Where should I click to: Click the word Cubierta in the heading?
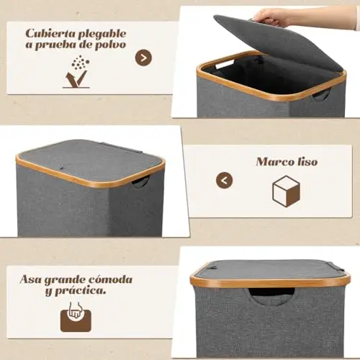coord(50,34)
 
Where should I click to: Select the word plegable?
coord(102,35)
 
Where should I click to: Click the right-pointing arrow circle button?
coord(143,58)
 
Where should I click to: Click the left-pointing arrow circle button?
coord(225,180)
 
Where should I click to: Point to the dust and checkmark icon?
coord(77,72)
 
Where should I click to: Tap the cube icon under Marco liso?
coord(286,191)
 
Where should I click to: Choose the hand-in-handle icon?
coord(76,317)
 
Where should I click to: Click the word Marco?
coord(273,162)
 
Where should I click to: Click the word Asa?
coord(30,279)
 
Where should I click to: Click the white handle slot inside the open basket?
coord(225,65)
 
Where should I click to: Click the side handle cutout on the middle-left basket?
coord(140,181)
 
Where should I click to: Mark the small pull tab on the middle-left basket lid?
coord(61,168)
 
